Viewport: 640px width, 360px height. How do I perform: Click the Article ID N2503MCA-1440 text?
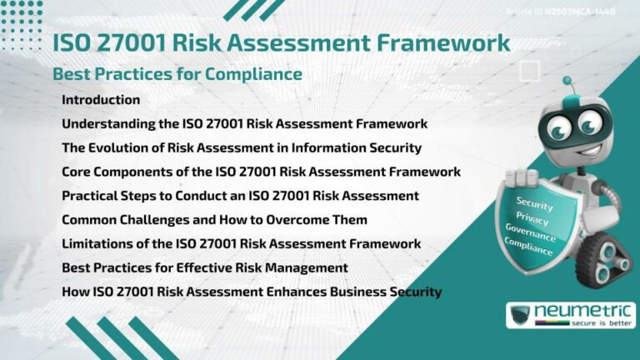pos(572,12)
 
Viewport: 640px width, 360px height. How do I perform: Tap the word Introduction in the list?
pos(101,100)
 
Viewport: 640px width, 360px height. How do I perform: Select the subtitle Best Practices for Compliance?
pos(177,74)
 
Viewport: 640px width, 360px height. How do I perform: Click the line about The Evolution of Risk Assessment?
pos(241,148)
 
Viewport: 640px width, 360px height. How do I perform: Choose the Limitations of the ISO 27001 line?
pos(241,244)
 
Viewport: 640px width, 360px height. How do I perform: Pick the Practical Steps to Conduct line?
pos(240,196)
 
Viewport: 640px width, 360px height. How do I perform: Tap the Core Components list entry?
pos(261,172)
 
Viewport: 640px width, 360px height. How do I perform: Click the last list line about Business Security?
pos(251,292)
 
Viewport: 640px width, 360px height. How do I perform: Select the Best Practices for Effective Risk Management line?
pos(204,268)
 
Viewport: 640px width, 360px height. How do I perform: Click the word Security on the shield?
pos(535,202)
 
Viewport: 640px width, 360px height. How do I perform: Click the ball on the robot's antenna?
pos(567,82)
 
